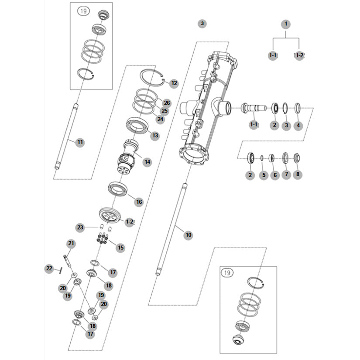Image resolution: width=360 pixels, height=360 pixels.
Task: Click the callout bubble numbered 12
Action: (174, 83)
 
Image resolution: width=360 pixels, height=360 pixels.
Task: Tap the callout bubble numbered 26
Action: (166, 103)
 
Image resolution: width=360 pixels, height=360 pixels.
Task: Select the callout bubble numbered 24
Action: (161, 119)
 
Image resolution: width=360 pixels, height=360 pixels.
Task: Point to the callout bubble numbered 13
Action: (155, 136)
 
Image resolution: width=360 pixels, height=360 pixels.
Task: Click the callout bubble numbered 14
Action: (147, 162)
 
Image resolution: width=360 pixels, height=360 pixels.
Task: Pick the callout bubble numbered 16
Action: (139, 202)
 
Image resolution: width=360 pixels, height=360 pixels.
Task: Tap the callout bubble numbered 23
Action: (80, 227)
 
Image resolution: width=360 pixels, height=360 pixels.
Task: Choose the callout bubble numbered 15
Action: (120, 247)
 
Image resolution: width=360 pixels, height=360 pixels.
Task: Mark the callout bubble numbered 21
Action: (71, 243)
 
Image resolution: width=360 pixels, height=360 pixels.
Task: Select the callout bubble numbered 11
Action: (80, 142)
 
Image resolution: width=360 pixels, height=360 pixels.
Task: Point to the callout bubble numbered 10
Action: (189, 235)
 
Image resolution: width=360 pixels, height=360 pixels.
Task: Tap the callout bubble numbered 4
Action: (298, 126)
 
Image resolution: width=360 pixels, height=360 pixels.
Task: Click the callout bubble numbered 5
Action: (263, 175)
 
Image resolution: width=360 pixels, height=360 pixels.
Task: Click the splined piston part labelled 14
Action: (127, 157)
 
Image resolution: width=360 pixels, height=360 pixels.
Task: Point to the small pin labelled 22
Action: (60, 270)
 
